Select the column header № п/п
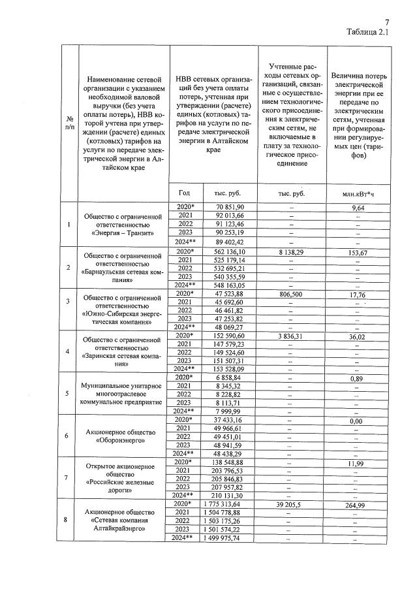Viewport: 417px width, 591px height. pos(70,122)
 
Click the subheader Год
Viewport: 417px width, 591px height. pos(183,193)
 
